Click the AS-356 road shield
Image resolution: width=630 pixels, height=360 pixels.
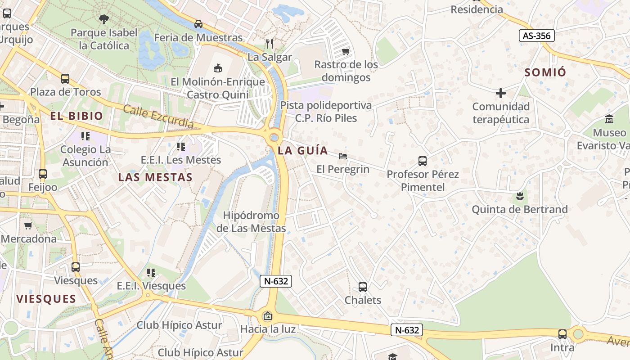point(536,36)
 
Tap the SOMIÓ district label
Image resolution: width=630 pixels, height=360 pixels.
point(545,72)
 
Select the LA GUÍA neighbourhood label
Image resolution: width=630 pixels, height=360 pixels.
point(303,150)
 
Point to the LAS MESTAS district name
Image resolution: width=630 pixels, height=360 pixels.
point(155,177)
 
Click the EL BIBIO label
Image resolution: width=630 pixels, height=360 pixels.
point(76,116)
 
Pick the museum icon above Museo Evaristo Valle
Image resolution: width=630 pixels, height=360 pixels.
point(610,119)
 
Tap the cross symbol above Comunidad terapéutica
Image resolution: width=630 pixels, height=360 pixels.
point(500,93)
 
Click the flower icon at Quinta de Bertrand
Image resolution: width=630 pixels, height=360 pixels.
point(520,196)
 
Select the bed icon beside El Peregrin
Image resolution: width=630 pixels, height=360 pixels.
point(342,156)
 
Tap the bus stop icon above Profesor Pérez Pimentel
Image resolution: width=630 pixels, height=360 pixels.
point(422,161)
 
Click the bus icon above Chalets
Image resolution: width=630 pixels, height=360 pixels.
point(363,287)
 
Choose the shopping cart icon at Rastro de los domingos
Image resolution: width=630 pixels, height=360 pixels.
point(346,52)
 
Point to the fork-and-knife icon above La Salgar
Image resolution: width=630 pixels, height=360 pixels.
point(270,44)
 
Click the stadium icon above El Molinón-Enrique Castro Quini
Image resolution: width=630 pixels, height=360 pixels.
point(218,68)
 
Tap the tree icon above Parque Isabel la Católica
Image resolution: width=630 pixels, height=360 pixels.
point(103,19)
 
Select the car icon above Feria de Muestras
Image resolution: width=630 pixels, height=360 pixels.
point(198,24)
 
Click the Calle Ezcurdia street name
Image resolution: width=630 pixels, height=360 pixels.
point(158,117)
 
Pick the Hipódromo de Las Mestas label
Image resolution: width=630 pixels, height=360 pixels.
point(251,222)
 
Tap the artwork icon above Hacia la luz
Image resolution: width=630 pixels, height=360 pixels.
point(268,316)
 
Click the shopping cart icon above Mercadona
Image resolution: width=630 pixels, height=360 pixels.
point(28,225)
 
